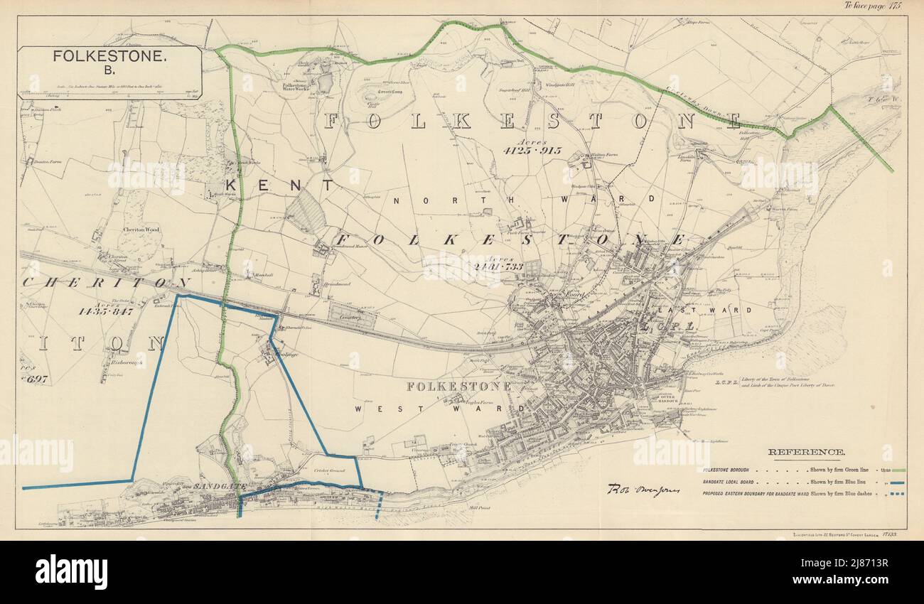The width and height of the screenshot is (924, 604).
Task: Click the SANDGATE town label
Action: click(217, 486)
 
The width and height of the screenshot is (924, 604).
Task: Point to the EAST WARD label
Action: click(684, 311)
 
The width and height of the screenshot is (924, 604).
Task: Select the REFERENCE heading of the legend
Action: click(806, 452)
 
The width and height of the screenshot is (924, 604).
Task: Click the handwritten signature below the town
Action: click(643, 490)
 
